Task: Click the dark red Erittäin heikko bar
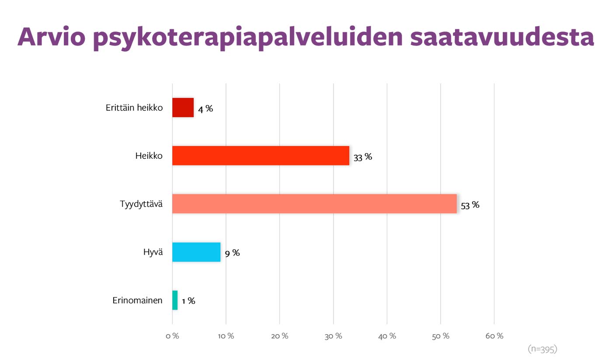(183, 108)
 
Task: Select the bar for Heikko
(261, 156)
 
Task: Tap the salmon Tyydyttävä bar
(314, 204)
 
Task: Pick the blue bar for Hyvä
(196, 252)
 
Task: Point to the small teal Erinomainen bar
(175, 300)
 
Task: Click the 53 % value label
(470, 205)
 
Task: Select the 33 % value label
(363, 157)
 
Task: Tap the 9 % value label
(232, 253)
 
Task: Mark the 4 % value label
(205, 109)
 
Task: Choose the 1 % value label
(188, 301)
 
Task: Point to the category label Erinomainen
(137, 301)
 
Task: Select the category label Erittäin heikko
(134, 108)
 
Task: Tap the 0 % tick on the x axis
(172, 336)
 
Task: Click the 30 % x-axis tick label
(333, 336)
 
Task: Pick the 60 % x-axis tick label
(494, 336)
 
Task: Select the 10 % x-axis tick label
(226, 336)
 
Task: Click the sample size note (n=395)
(542, 349)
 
